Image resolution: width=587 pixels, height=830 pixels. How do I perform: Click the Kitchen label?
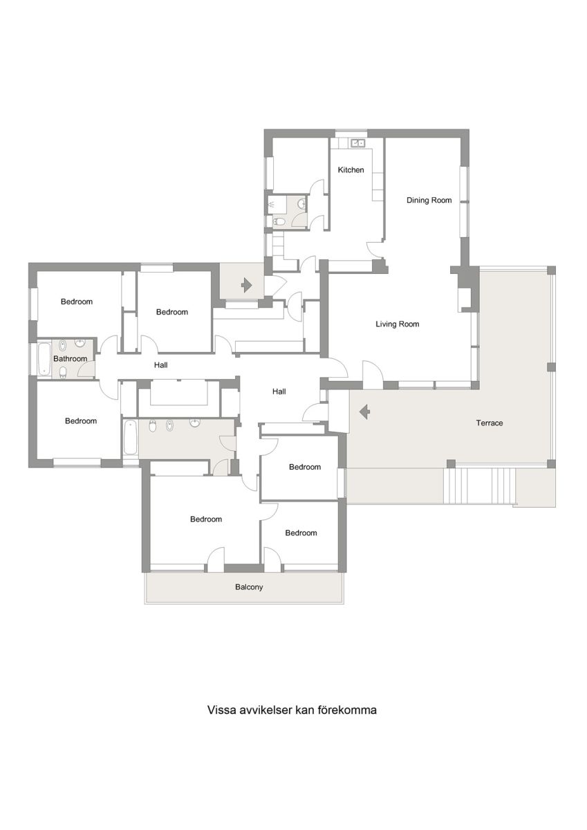pyautogui.click(x=351, y=169)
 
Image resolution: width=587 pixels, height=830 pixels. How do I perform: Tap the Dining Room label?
pyautogui.click(x=429, y=200)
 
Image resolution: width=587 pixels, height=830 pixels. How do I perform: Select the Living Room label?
pyautogui.click(x=398, y=324)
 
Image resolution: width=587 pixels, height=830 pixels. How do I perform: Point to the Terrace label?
pyautogui.click(x=490, y=423)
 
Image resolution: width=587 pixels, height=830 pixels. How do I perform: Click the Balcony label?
pyautogui.click(x=249, y=587)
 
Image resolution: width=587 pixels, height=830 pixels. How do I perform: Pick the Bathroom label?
pyautogui.click(x=70, y=358)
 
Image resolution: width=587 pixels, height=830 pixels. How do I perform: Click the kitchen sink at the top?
pyautogui.click(x=357, y=142)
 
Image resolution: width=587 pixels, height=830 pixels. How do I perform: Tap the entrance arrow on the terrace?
pyautogui.click(x=365, y=412)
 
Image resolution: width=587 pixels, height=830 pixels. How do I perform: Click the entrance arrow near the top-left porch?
pyautogui.click(x=246, y=285)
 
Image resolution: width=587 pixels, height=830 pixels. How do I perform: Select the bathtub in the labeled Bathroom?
pyautogui.click(x=44, y=359)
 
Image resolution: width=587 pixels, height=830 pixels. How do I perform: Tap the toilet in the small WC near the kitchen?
pyautogui.click(x=279, y=222)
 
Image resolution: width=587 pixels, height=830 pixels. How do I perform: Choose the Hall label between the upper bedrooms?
pyautogui.click(x=160, y=365)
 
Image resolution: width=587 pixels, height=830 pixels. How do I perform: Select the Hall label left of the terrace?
pyautogui.click(x=279, y=391)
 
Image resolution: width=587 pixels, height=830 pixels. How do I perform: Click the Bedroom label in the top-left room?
pyautogui.click(x=77, y=302)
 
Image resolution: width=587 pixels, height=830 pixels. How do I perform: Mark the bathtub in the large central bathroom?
pyautogui.click(x=130, y=438)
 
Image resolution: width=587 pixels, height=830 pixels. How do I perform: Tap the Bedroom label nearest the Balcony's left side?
pyautogui.click(x=206, y=519)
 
